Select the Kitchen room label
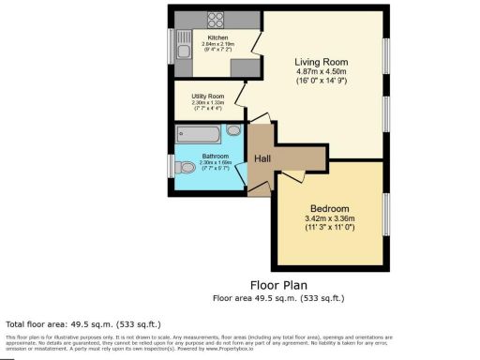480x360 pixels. [204, 37]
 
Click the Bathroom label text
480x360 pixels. [203, 154]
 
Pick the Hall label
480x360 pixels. [263, 158]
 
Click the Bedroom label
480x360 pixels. [330, 208]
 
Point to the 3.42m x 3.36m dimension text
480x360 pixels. [330, 218]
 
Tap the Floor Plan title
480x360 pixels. [277, 284]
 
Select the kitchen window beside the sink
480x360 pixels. [171, 44]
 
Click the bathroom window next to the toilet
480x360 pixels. [171, 167]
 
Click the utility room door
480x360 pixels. [240, 95]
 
